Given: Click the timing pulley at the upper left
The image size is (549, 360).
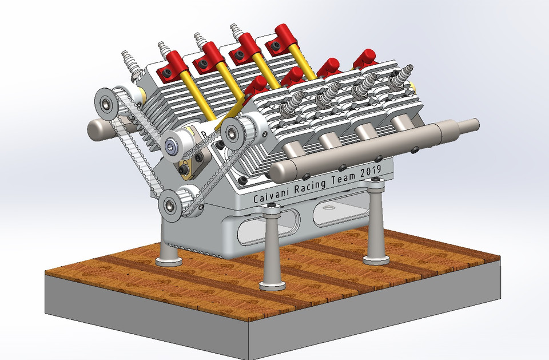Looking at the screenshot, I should pos(106,104).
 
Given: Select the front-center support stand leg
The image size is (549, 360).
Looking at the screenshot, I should pos(272,252).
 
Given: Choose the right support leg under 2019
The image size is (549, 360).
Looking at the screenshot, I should pos(376,223).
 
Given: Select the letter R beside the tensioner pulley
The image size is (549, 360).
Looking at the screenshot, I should pos(201,133).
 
